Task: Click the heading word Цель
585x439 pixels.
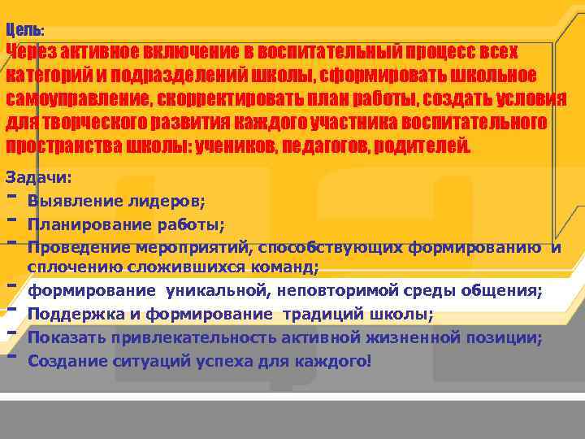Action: [x=24, y=30]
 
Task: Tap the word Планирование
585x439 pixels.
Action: [x=89, y=224]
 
